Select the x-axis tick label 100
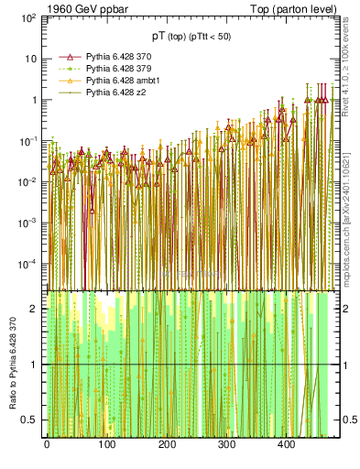tap(106, 444)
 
